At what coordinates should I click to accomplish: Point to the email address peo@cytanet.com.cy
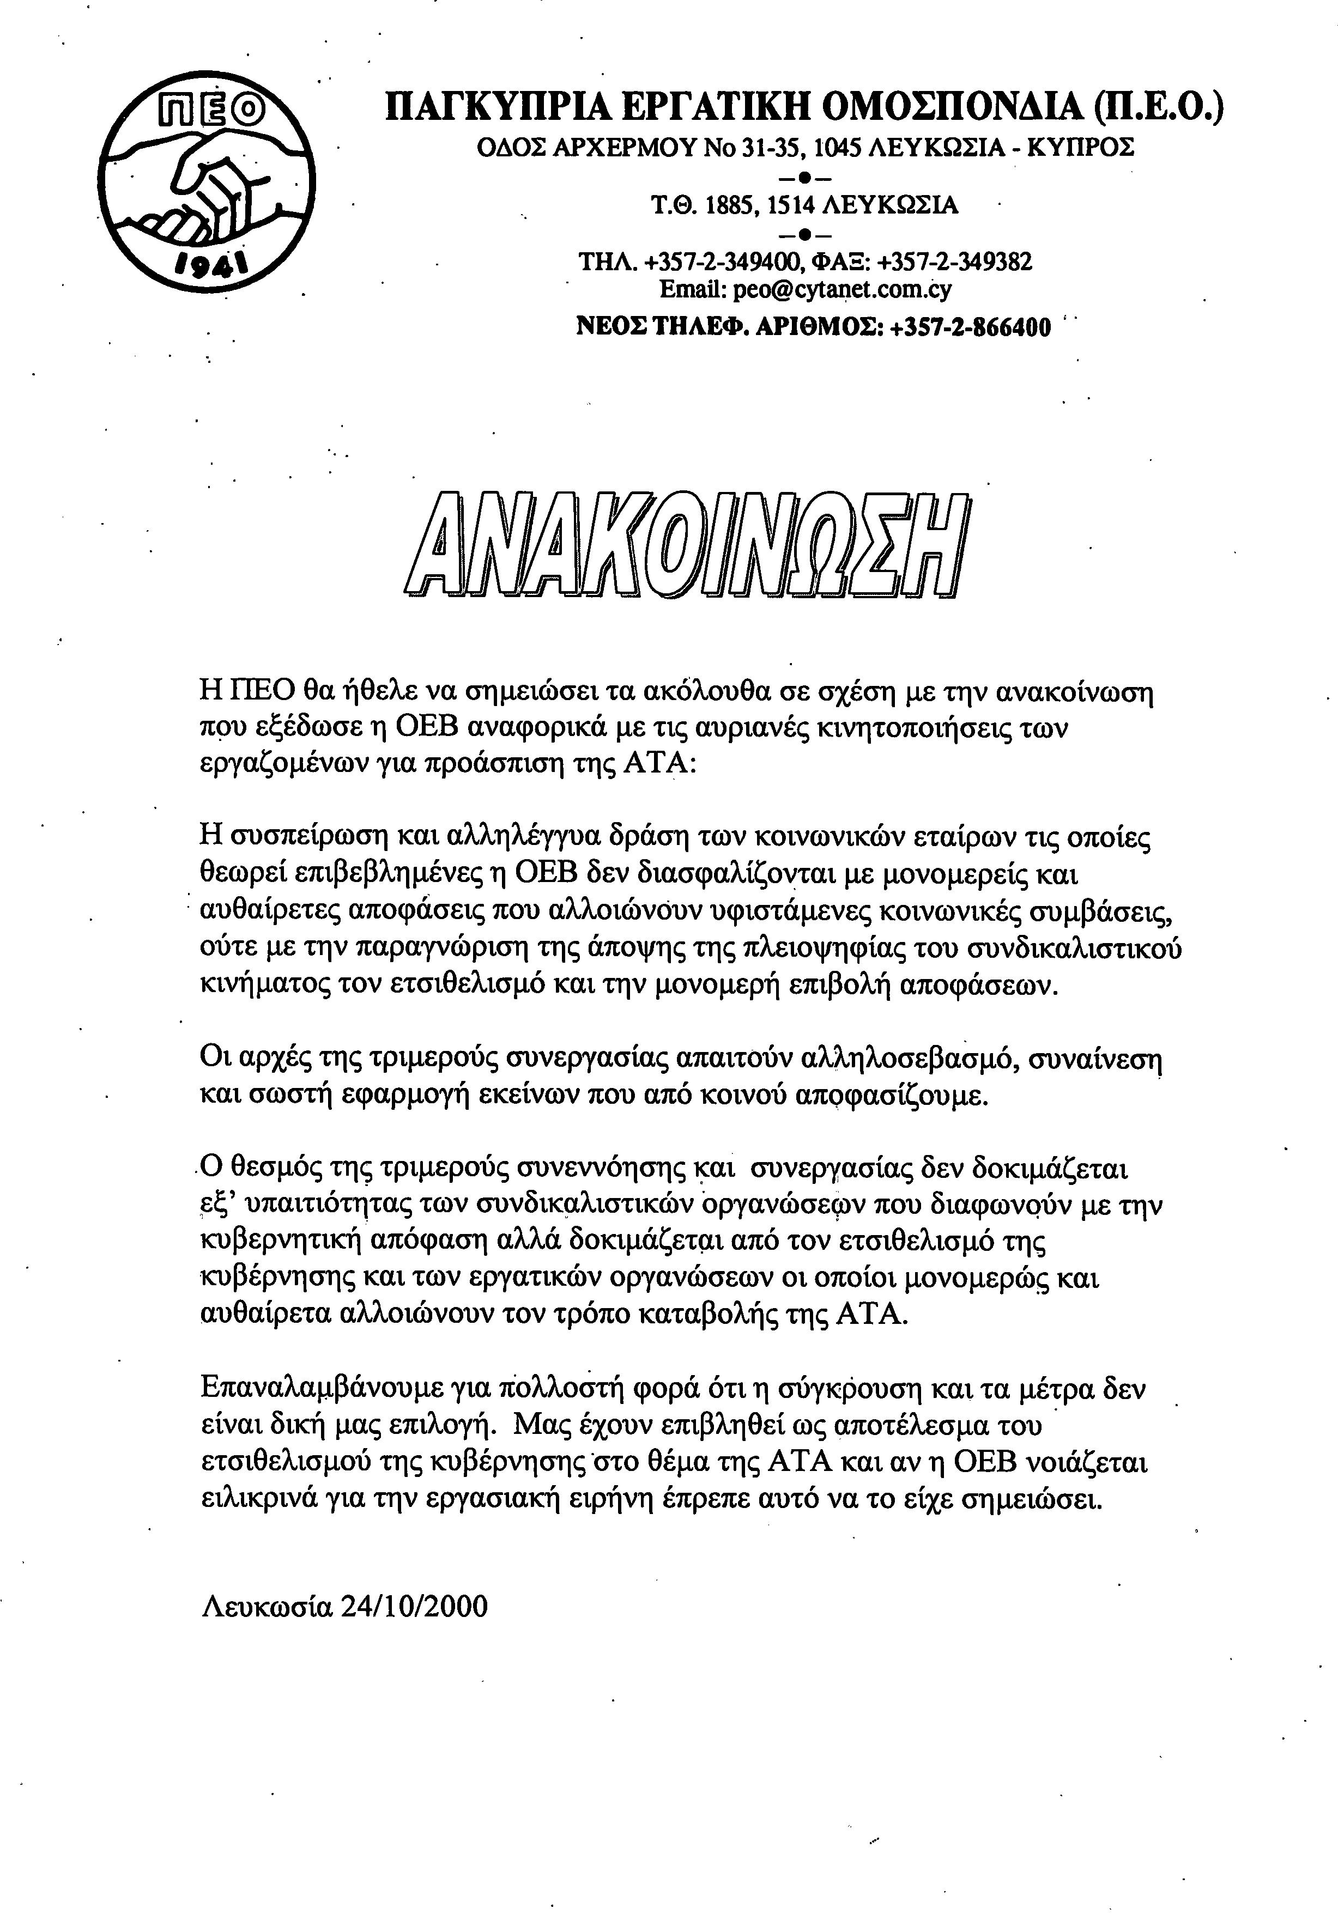(x=843, y=289)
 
